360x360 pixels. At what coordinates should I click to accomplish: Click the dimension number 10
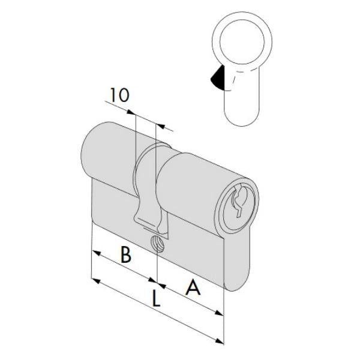(119, 95)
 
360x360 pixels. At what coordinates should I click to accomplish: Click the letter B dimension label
(125, 255)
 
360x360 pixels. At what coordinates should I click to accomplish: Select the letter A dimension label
(193, 289)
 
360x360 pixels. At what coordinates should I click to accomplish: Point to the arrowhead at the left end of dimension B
(94, 252)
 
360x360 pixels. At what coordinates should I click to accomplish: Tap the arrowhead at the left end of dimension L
(94, 280)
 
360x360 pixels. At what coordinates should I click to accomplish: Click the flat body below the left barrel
(114, 204)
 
